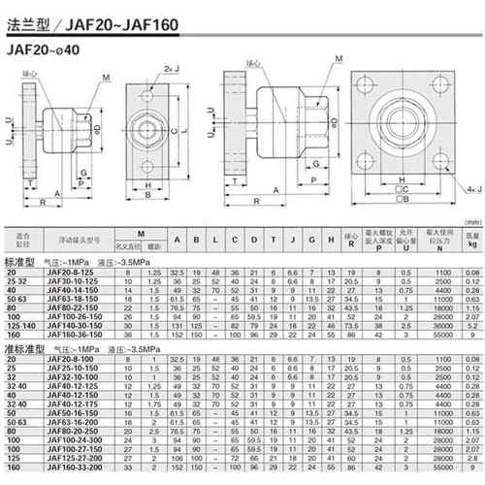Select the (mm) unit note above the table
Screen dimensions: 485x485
(x=470, y=248)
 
